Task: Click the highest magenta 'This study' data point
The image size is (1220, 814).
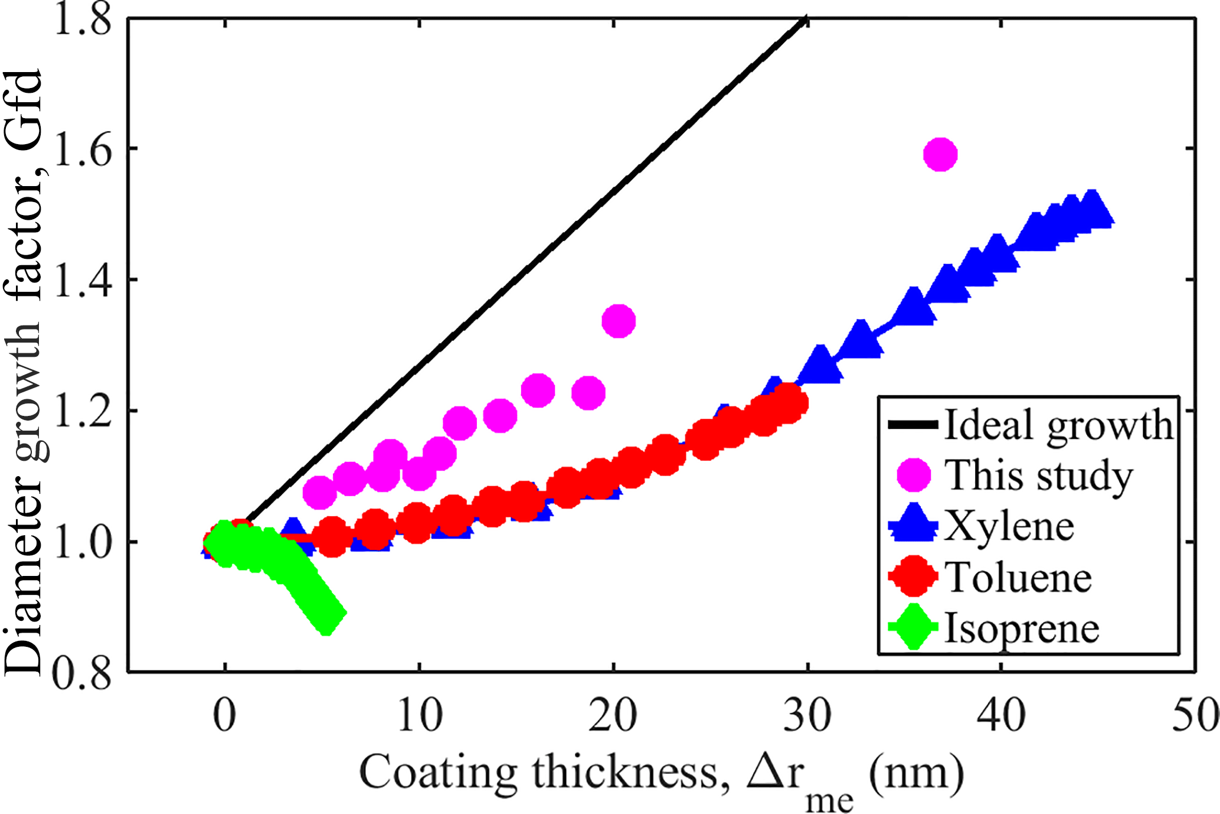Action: pyautogui.click(x=940, y=155)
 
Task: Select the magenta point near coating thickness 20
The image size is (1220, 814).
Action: pyautogui.click(x=618, y=321)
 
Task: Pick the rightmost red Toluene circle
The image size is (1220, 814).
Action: pyautogui.click(x=789, y=403)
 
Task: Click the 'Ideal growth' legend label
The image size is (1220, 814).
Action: pyautogui.click(x=1059, y=425)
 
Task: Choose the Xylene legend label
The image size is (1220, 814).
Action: pyautogui.click(x=1009, y=526)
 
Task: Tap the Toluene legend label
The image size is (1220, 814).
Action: pyautogui.click(x=1019, y=577)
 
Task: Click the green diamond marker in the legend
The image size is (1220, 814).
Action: pyautogui.click(x=913, y=627)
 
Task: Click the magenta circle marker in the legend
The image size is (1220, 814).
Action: pyautogui.click(x=914, y=475)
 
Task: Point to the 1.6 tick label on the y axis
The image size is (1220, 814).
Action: pyautogui.click(x=82, y=149)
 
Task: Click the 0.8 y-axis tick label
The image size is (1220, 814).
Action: pyautogui.click(x=82, y=673)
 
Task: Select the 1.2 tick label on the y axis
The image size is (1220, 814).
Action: pyautogui.click(x=82, y=411)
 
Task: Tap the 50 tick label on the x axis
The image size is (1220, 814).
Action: pyautogui.click(x=1196, y=715)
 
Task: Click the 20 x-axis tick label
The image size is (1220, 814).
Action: pyautogui.click(x=613, y=715)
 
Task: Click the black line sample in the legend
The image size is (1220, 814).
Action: pyautogui.click(x=913, y=425)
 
